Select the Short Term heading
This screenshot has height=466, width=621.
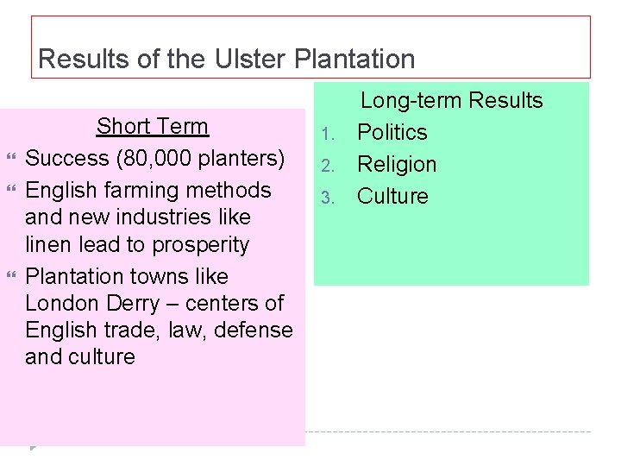tap(152, 126)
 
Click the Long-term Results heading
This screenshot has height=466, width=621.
tap(451, 100)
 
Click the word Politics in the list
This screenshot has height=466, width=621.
tap(392, 132)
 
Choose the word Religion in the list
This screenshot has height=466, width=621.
tap(397, 164)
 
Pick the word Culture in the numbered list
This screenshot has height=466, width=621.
tap(392, 196)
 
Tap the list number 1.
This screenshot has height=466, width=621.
tap(326, 134)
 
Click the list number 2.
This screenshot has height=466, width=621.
tap(326, 166)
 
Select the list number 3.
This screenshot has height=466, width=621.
tap(326, 198)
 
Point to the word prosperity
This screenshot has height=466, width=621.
tap(200, 244)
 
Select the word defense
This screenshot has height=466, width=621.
tap(252, 330)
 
